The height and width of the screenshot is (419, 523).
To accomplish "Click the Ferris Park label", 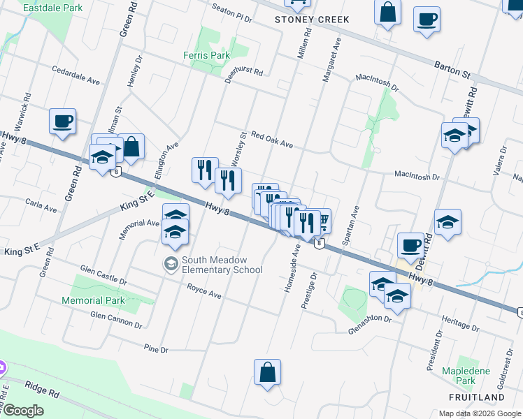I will tap(206, 54).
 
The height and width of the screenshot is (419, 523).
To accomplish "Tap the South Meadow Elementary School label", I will tap(222, 265).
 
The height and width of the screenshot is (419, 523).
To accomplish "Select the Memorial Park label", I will tap(92, 300).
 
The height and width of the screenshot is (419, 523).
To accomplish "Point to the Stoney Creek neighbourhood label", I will tap(311, 20).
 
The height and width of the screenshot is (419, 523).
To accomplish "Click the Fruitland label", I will tap(476, 397).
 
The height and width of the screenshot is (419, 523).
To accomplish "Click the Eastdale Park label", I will tap(49, 8).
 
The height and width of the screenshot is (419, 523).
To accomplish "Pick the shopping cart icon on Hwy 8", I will tap(322, 221).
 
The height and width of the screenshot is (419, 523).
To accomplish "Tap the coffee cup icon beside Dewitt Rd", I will tap(410, 245).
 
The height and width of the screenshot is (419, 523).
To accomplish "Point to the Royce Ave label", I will tap(204, 291).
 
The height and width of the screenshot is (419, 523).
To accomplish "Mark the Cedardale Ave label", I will tap(76, 75).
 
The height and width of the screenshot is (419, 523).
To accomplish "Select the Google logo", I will tap(23, 411).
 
